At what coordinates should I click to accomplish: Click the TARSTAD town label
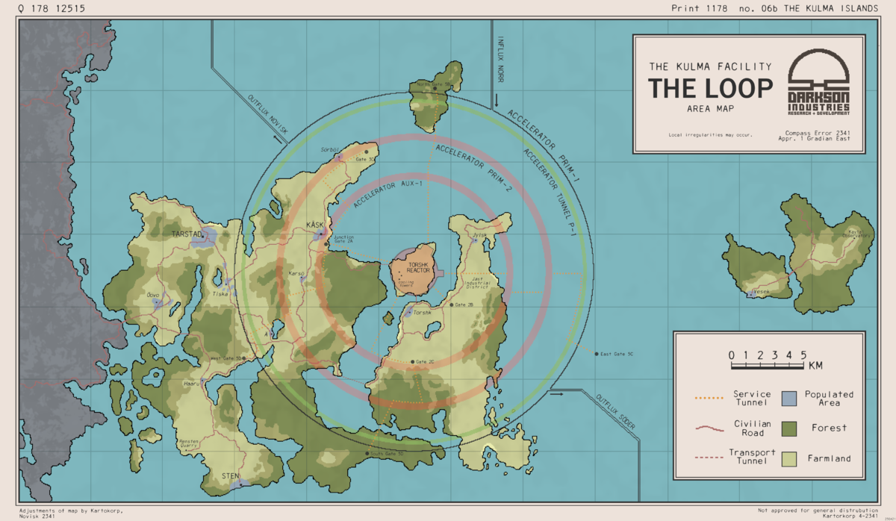point(187,234)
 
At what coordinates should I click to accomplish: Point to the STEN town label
point(231,475)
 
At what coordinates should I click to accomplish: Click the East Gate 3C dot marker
point(596,354)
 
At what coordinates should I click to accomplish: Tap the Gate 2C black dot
point(411,362)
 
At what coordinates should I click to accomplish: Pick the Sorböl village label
point(330,149)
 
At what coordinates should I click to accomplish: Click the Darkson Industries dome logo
point(819,70)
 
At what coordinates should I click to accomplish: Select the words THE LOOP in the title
point(710,88)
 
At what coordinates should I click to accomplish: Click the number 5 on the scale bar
point(803,355)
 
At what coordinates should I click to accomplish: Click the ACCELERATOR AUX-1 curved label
point(382,193)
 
